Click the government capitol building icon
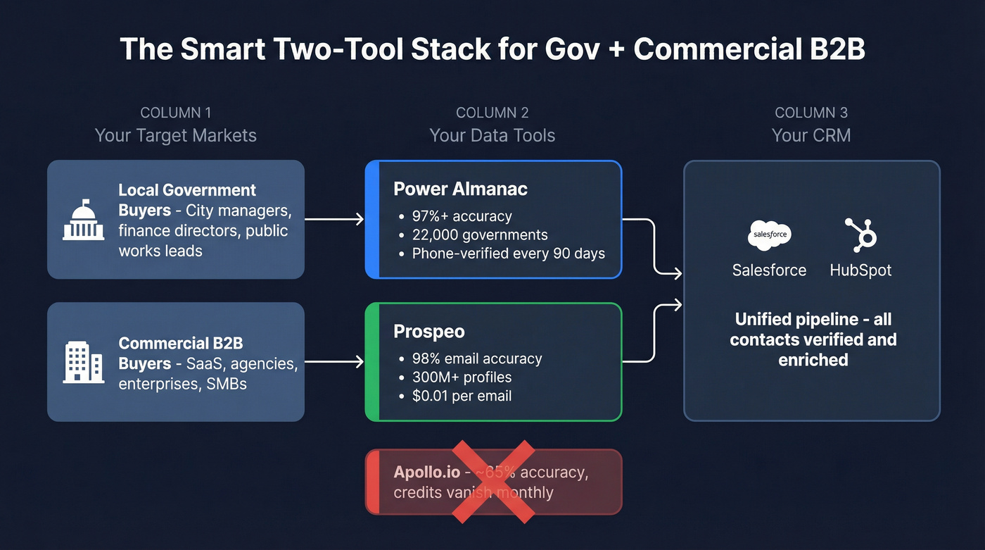pos(83,220)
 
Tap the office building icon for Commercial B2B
pos(83,363)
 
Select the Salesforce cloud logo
pos(769,235)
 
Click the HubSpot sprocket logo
pos(860,235)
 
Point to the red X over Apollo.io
pos(493,482)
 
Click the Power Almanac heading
pos(460,189)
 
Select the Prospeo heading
pos(429,332)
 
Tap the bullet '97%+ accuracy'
pos(462,216)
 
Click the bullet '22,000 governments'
pos(479,235)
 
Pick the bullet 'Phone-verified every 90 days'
pos(508,254)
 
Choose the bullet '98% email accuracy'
pos(476,358)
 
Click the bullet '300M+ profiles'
pos(462,377)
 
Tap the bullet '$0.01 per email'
pos(462,396)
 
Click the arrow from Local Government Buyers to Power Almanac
pos(334,220)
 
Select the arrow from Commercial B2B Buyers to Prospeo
pos(334,362)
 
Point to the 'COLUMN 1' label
pos(175,113)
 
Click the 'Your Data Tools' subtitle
pos(493,135)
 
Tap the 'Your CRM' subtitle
pos(811,135)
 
